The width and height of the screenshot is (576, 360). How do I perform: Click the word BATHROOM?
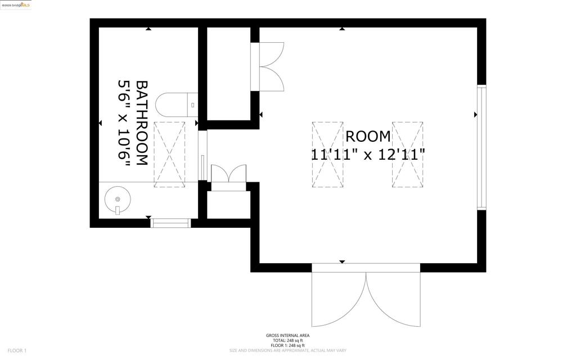click(x=142, y=123)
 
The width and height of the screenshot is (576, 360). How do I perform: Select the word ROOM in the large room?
click(x=368, y=136)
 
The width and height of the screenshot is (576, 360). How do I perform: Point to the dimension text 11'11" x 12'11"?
click(x=368, y=154)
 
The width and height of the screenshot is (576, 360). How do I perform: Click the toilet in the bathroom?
click(x=175, y=105)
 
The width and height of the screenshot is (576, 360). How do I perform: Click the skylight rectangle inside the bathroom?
click(x=169, y=153)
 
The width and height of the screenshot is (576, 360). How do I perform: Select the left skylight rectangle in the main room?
click(x=327, y=154)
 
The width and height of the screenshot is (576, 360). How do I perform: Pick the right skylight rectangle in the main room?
click(x=407, y=154)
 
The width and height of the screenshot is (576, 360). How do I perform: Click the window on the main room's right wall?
click(x=481, y=147)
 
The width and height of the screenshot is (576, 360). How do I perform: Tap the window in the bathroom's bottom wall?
click(x=172, y=223)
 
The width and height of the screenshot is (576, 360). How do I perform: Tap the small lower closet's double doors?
click(x=228, y=174)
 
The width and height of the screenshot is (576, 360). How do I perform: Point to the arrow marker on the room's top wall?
click(x=342, y=28)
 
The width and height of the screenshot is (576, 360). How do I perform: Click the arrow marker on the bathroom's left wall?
click(x=100, y=123)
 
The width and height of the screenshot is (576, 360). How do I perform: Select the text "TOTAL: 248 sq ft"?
click(x=287, y=340)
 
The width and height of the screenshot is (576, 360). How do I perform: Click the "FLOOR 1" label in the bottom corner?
click(x=17, y=350)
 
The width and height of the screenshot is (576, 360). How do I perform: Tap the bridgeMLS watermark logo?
click(x=16, y=4)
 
